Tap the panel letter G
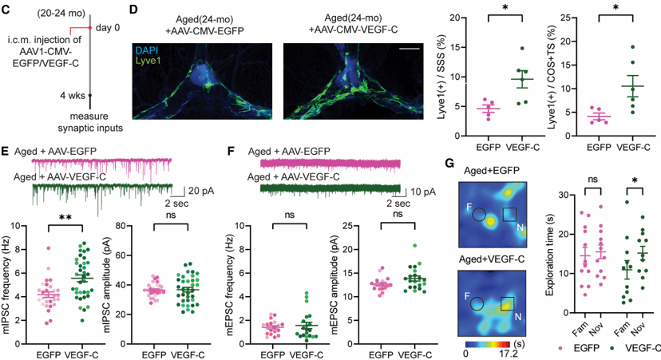tap(450, 163)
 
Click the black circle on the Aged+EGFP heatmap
tap(478, 215)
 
